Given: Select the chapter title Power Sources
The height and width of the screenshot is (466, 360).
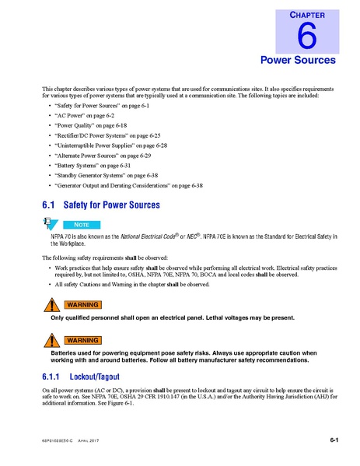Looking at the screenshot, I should tap(297, 60).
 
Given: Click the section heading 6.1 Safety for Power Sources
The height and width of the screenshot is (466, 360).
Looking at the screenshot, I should tap(101, 205).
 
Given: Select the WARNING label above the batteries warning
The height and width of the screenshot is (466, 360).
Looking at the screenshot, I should tap(81, 341).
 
